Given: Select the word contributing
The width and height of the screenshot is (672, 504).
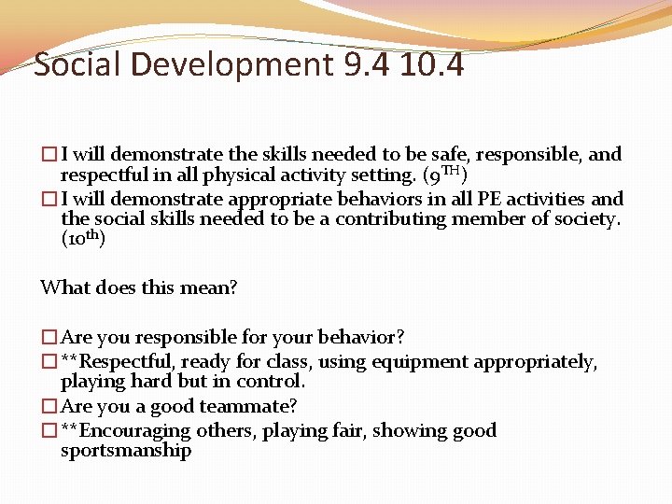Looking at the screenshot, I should (391, 219).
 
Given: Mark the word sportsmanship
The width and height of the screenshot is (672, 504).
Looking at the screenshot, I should (126, 451).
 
